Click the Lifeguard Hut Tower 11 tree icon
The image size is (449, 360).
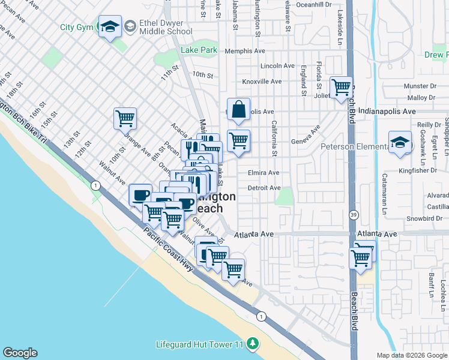tap(253, 343)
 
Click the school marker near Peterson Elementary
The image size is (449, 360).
tap(400, 142)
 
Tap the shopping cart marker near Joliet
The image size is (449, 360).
tap(341, 88)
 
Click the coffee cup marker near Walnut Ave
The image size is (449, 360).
tap(140, 195)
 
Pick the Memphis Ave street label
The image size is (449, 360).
tap(244, 52)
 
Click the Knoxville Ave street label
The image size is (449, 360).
tap(262, 82)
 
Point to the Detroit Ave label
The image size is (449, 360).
tap(264, 188)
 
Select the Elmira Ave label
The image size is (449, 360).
tap(264, 173)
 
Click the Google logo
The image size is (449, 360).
tap(20, 353)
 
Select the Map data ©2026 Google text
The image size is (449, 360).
tap(411, 355)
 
